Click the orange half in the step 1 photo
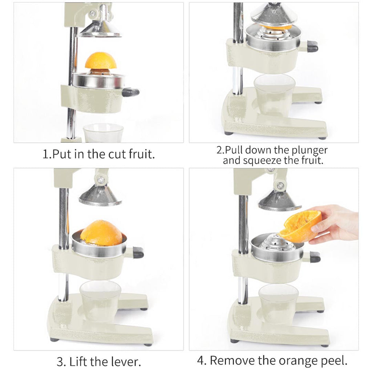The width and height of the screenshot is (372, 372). point(101,61)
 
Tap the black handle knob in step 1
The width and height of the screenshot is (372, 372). point(130,92)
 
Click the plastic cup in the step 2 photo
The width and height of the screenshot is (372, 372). point(274,94)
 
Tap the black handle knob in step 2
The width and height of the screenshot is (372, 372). point(312,46)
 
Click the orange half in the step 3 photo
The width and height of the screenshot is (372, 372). point(101,233)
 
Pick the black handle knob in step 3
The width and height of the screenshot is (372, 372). point(138,252)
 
